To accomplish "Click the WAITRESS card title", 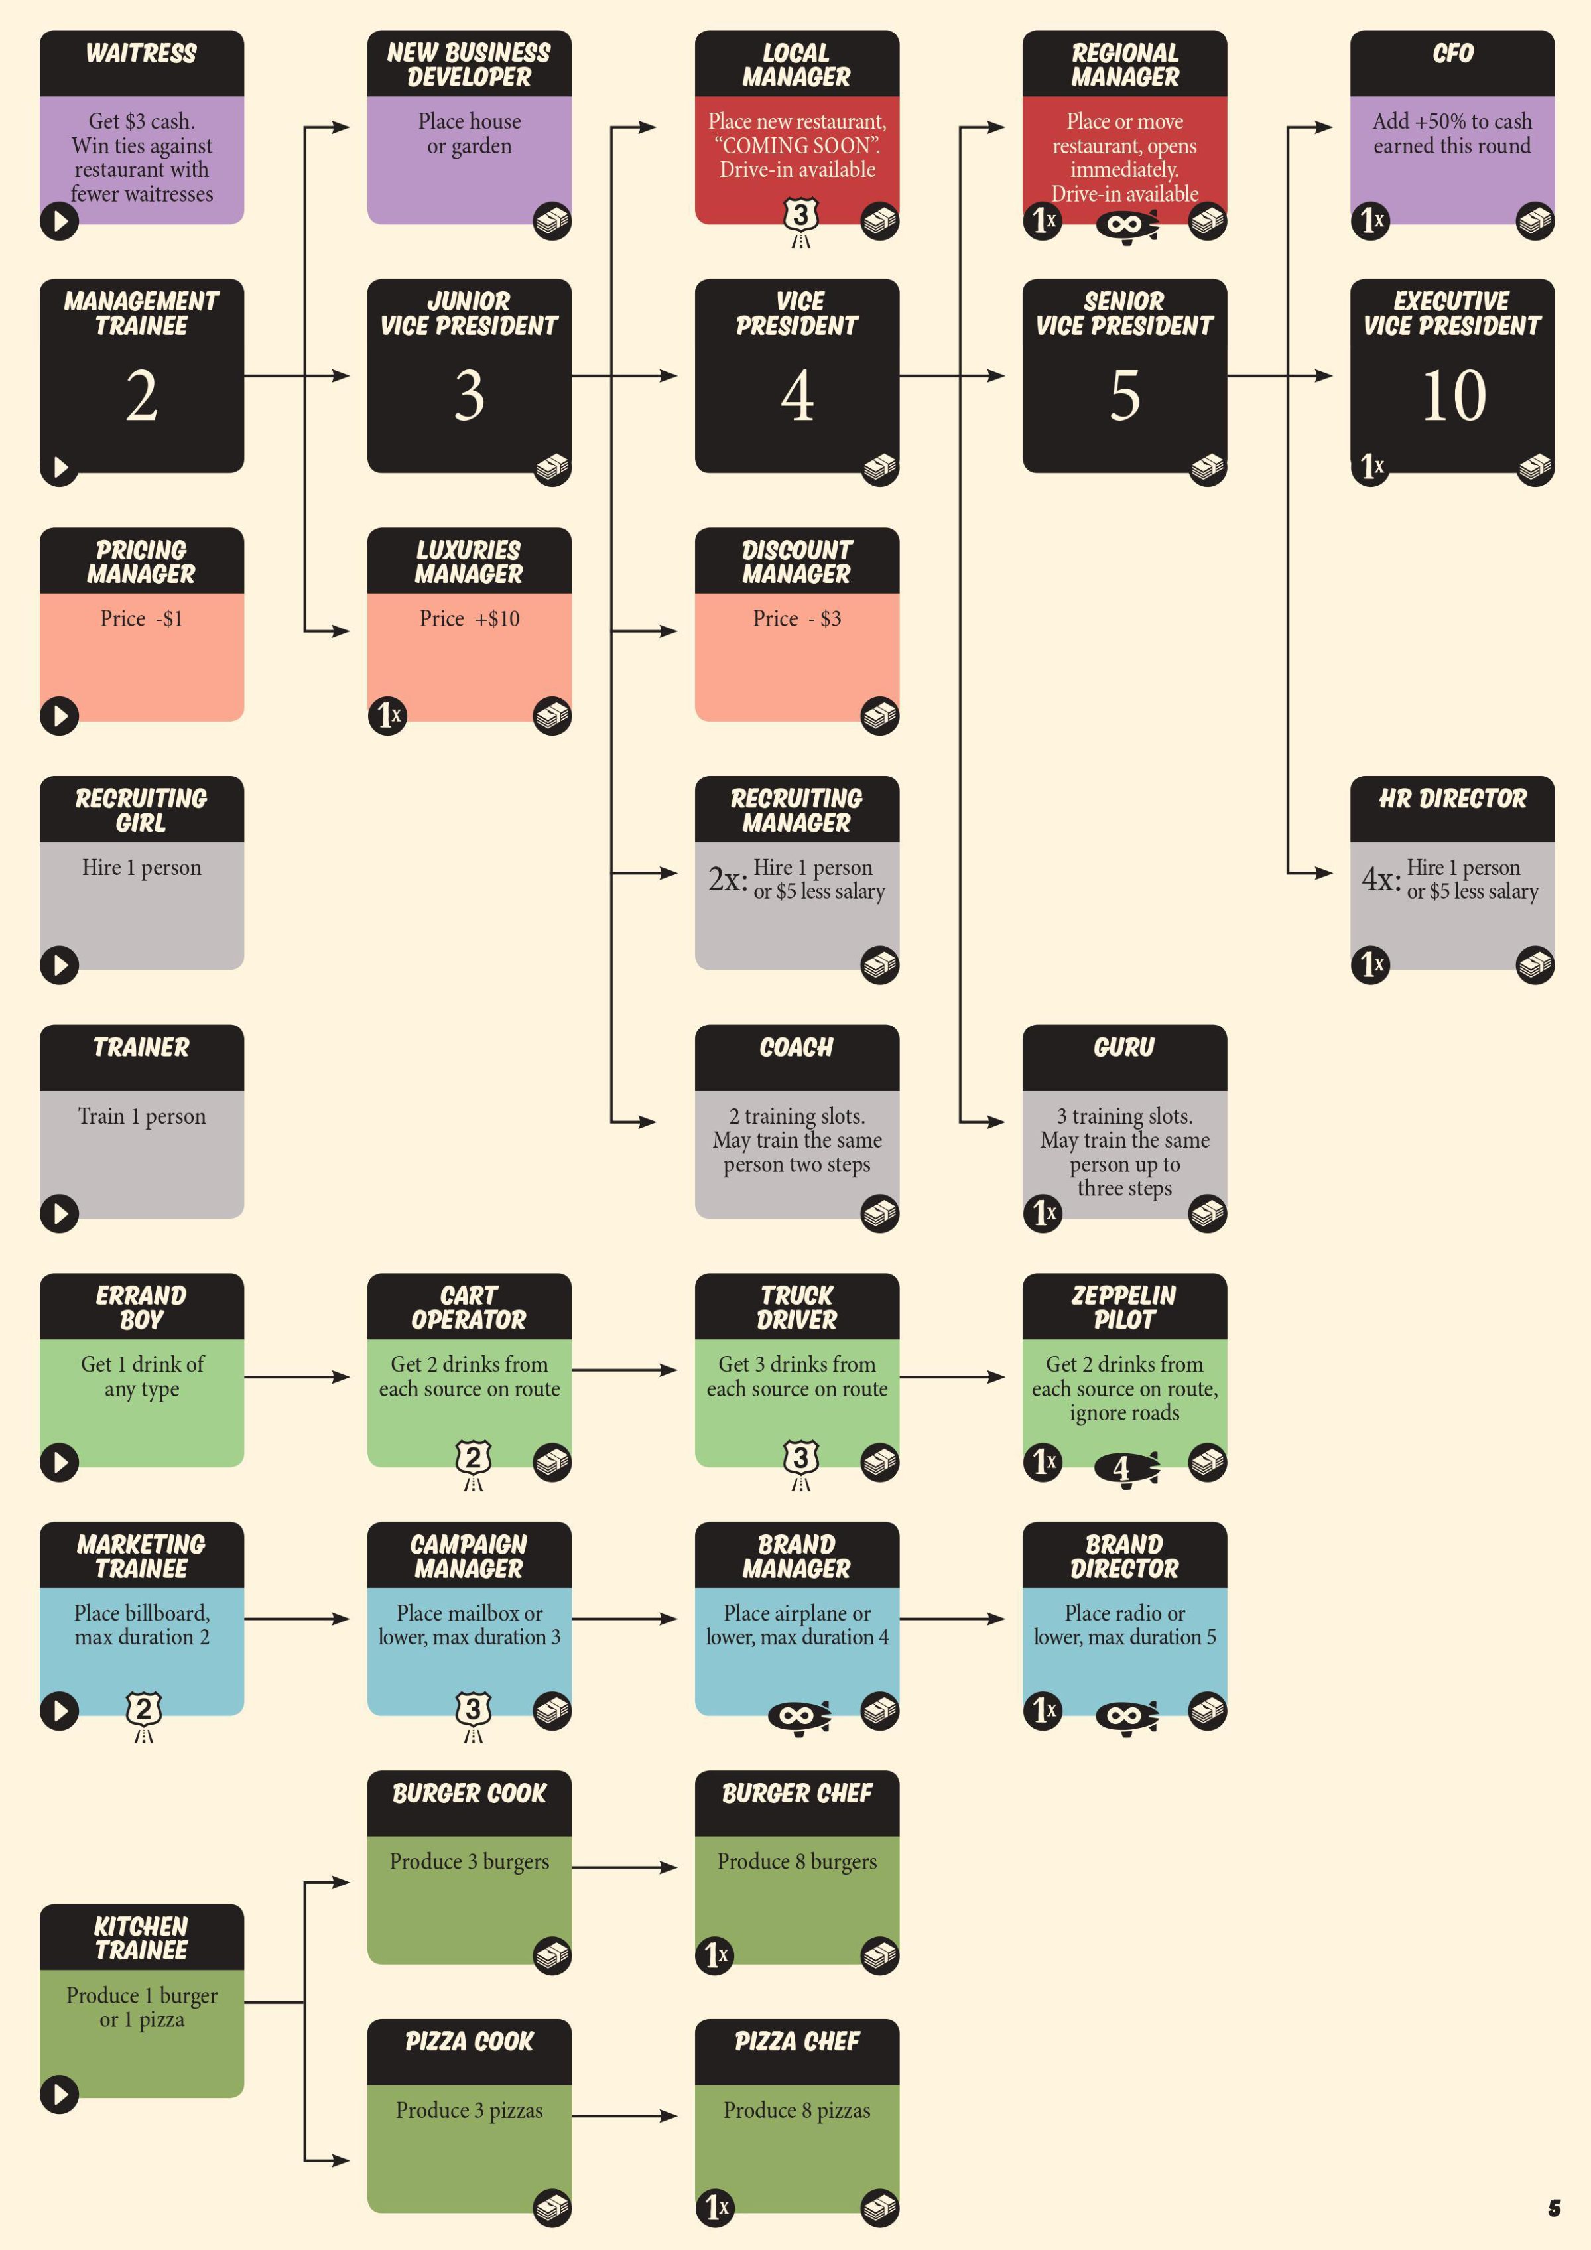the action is pos(141,53).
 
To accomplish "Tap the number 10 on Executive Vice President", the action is pos(1454,396).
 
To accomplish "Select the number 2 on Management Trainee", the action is pos(142,396).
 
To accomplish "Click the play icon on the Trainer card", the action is pos(60,1213).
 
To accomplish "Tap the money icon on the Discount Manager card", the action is pos(880,716).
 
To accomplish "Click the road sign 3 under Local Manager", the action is pos(801,222).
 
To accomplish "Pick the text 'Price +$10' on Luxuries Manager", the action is pos(470,618).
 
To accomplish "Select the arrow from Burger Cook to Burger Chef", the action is pos(624,1867).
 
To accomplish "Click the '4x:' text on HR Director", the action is pos(1380,879).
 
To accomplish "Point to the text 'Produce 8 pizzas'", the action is pos(796,2110).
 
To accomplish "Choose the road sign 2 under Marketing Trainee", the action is pos(144,1716).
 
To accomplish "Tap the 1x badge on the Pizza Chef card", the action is pos(716,2207).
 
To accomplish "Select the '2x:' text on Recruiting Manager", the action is pos(728,879).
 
